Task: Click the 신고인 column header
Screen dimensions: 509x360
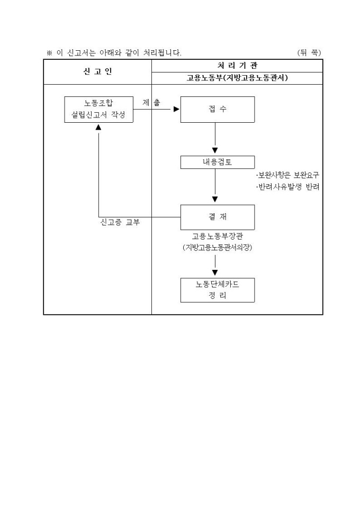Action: click(97, 72)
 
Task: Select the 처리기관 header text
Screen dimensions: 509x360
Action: click(237, 66)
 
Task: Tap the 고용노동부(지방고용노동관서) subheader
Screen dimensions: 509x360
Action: click(237, 78)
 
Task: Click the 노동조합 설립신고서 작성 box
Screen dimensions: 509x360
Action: click(98, 110)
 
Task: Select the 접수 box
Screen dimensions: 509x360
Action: click(217, 110)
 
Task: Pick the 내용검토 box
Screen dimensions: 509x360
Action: click(217, 162)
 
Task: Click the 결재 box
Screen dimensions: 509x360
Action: click(217, 217)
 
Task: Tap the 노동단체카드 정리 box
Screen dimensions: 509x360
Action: click(217, 290)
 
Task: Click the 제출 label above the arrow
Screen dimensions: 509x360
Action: click(151, 103)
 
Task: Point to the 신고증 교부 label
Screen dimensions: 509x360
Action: click(120, 222)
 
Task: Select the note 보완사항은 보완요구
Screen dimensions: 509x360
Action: click(287, 175)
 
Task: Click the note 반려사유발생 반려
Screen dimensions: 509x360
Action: click(287, 187)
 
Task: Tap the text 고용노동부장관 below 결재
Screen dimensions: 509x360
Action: click(217, 237)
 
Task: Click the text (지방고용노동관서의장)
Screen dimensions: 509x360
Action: click(217, 248)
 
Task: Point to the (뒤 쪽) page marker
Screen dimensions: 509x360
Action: click(309, 52)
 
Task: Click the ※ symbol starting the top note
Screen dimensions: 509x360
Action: click(49, 53)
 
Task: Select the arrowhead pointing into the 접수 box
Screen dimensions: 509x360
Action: click(177, 110)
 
